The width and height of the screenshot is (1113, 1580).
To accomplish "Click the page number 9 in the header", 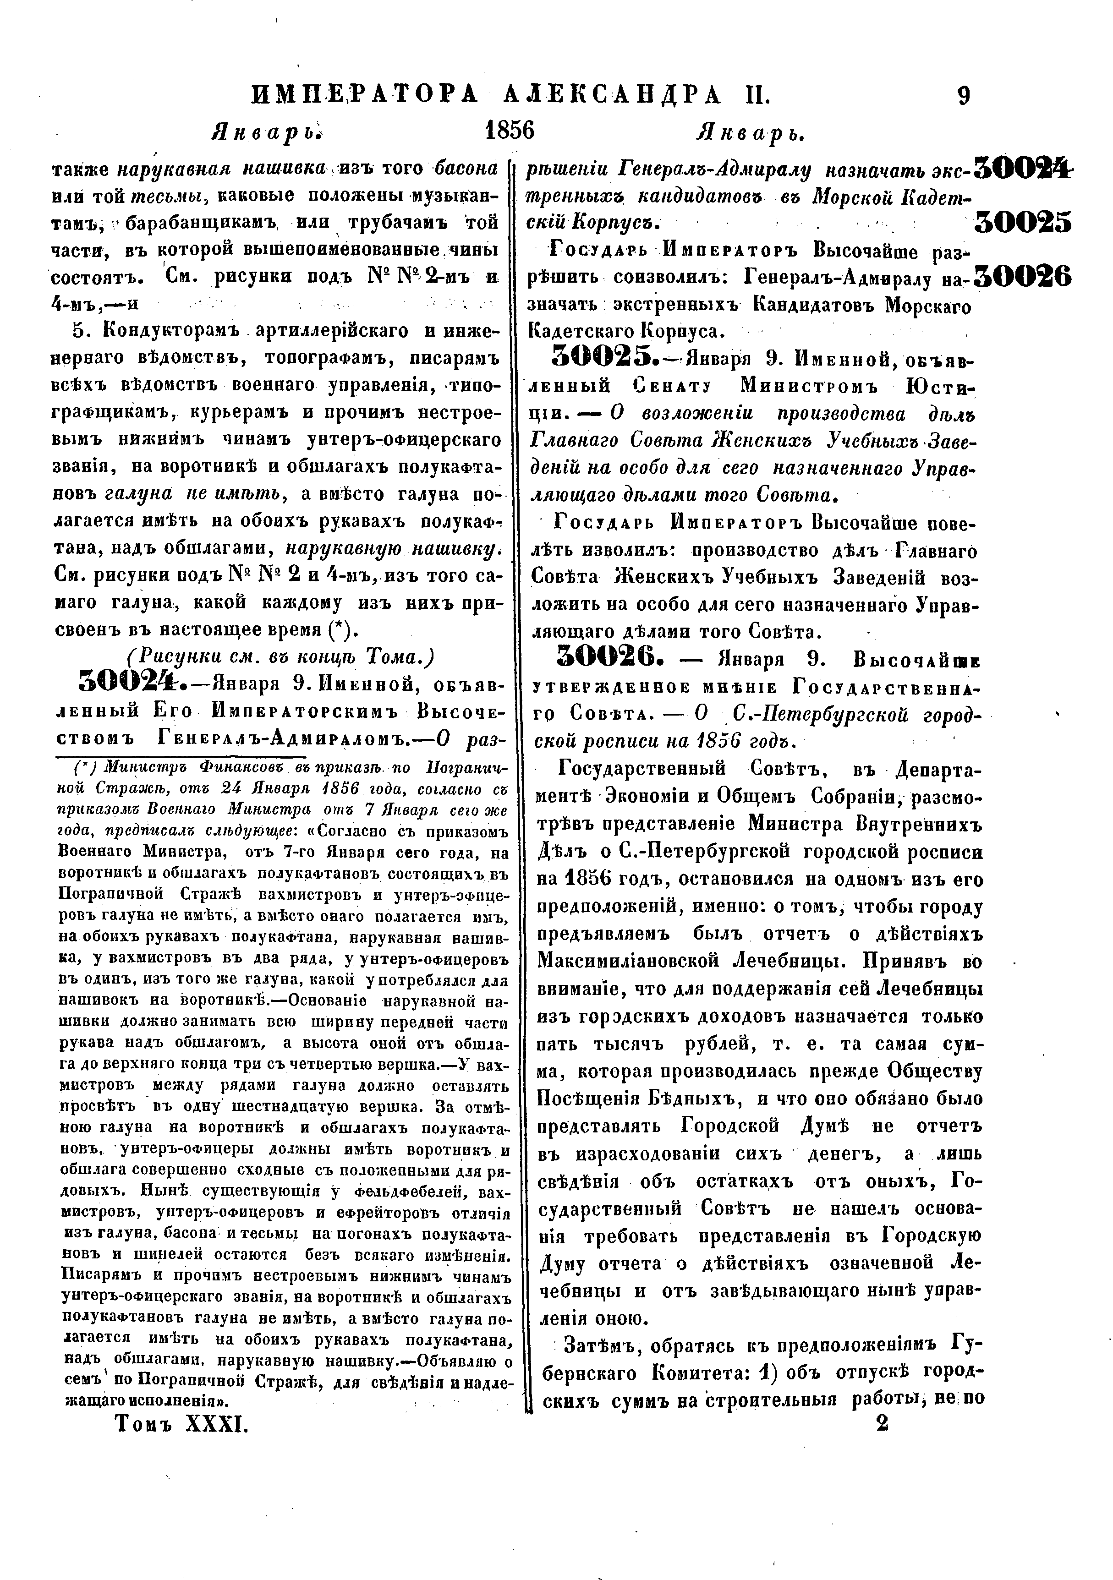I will pos(964,95).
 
